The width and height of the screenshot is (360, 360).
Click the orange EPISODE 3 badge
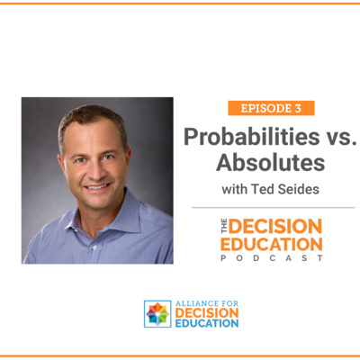[x=271, y=108]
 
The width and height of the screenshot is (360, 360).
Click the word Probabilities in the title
[x=252, y=137]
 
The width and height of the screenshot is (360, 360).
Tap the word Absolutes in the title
[x=271, y=163]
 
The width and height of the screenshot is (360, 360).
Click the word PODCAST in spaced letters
[x=272, y=258]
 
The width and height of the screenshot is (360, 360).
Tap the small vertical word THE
[x=225, y=226]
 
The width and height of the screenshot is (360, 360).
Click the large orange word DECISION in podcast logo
[x=275, y=226]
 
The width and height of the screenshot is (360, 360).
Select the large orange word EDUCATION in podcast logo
[x=272, y=244]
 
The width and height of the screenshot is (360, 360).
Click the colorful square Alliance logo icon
[x=157, y=314]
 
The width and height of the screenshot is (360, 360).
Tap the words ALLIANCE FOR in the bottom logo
[x=207, y=303]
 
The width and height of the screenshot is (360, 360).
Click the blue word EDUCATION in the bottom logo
[x=207, y=323]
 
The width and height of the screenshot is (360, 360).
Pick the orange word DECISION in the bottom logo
[x=207, y=313]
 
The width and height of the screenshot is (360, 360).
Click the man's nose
[x=95, y=170]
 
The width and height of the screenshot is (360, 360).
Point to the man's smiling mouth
[x=97, y=187]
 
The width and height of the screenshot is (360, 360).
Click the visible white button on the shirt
[x=94, y=247]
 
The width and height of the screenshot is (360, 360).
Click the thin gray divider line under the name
[x=273, y=207]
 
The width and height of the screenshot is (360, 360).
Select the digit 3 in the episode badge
[x=298, y=108]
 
